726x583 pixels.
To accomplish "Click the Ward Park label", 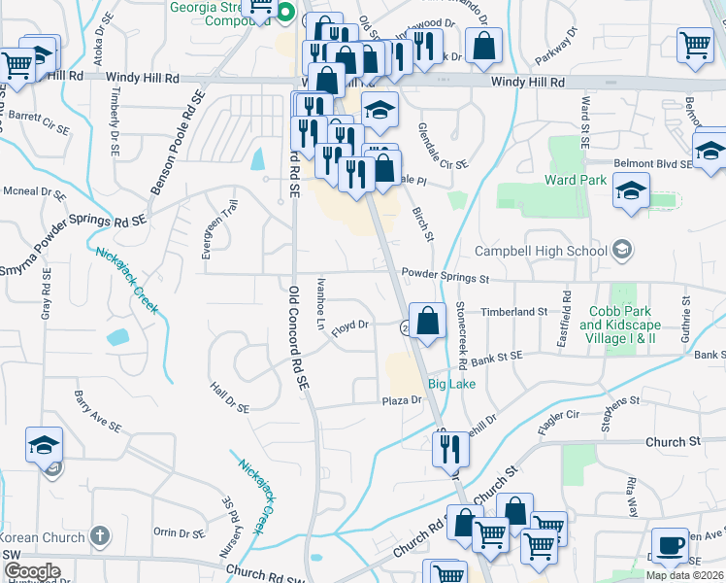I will click(576, 180).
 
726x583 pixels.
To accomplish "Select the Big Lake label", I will click(451, 385).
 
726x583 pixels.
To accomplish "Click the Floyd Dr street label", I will click(350, 328).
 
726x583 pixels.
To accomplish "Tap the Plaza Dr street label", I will click(402, 399).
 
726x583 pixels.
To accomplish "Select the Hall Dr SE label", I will click(230, 395).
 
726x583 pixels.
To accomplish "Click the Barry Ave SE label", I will click(97, 412).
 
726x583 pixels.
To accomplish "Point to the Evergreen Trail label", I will click(206, 230).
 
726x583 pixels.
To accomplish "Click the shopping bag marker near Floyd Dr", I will click(427, 320).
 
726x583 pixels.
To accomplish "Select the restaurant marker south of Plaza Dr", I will click(447, 448).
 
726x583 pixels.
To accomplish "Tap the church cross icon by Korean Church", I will click(98, 535).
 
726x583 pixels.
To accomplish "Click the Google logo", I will click(31, 572).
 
